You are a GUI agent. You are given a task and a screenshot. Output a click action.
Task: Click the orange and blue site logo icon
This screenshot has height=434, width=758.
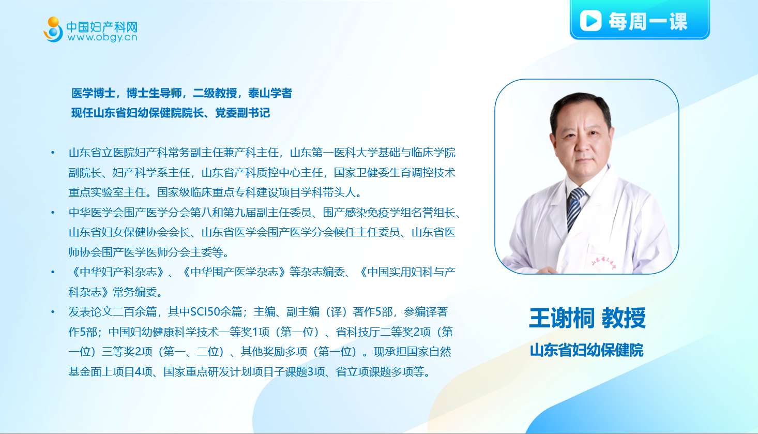click(53, 29)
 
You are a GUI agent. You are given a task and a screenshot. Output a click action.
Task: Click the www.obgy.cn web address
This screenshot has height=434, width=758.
click(102, 37)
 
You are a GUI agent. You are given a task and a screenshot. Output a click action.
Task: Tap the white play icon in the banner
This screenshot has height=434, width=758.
click(590, 21)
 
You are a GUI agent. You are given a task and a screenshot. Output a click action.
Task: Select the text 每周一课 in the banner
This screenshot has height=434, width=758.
click(648, 21)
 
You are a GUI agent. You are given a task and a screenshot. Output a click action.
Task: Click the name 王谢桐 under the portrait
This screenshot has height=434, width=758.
click(562, 318)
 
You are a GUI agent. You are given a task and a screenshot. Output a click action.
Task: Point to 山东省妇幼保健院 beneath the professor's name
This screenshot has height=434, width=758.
click(586, 350)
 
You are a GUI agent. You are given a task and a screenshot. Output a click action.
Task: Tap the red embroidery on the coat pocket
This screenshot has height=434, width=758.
click(604, 262)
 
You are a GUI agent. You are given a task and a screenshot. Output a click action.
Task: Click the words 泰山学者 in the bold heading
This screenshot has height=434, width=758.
click(270, 93)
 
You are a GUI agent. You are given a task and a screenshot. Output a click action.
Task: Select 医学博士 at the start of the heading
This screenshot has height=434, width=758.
click(93, 93)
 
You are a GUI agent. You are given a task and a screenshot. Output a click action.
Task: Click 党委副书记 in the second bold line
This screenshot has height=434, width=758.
click(242, 113)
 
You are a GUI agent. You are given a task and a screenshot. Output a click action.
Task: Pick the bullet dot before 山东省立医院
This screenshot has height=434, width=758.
click(53, 153)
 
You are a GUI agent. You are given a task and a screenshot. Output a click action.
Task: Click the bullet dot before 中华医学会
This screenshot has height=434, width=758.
click(53, 213)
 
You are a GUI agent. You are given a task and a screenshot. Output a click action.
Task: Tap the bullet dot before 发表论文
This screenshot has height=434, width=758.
click(53, 312)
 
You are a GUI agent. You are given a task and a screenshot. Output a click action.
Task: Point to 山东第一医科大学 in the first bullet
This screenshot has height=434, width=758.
click(334, 153)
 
